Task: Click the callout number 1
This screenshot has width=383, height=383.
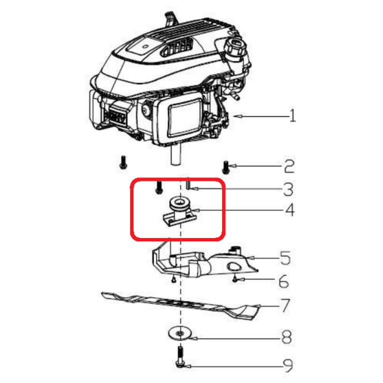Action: [292, 116]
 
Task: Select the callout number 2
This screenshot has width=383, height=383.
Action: [289, 167]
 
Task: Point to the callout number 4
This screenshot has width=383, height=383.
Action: [290, 210]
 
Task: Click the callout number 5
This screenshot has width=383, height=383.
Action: [285, 258]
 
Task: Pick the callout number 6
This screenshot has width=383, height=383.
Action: [284, 281]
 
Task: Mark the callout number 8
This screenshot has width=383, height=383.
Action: [287, 337]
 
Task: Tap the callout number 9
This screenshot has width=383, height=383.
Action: [288, 365]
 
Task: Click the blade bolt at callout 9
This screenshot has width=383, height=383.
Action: [180, 357]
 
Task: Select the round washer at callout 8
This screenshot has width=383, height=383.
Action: [180, 333]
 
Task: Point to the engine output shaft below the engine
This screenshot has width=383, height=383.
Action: [176, 154]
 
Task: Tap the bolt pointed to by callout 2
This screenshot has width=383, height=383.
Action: [226, 168]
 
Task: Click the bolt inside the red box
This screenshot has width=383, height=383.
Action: [159, 188]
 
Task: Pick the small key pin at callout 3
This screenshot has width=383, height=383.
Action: [188, 185]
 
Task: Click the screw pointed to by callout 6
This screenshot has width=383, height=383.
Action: [234, 278]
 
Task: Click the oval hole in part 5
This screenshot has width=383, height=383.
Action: [234, 266]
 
